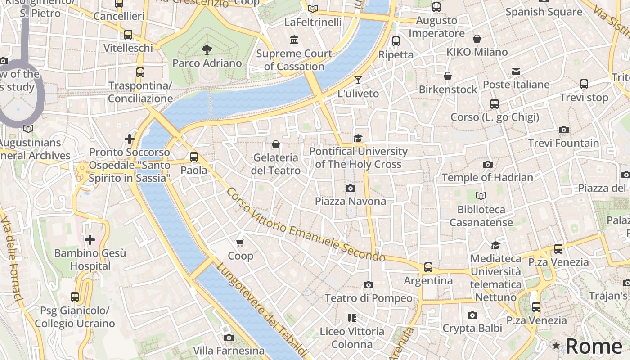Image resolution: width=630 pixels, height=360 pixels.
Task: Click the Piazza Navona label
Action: pos(350,201)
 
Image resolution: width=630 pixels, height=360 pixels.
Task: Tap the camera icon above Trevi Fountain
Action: pos(563,130)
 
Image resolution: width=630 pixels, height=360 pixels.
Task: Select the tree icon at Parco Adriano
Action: pos(207,49)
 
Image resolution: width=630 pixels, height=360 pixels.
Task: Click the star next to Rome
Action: pos(556,346)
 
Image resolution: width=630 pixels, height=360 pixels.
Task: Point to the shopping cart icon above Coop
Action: pos(240,243)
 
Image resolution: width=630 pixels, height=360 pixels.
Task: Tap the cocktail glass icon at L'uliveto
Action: pos(358,80)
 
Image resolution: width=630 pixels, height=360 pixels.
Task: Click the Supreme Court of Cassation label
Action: pos(294,60)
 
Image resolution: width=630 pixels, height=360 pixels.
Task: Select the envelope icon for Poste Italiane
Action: pos(516,72)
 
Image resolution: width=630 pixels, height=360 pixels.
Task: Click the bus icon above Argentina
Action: pos(428,267)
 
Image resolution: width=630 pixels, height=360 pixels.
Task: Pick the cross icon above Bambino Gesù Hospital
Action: pos(90,239)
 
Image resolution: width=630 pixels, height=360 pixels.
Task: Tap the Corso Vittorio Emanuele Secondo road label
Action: pos(306,225)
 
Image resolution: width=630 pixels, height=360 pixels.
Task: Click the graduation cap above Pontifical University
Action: pos(358,138)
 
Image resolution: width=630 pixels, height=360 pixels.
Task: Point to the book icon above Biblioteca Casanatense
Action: pos(481,196)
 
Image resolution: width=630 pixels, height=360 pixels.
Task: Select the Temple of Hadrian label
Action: pos(487,177)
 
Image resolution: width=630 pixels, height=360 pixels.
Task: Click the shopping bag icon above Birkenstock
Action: pos(447,76)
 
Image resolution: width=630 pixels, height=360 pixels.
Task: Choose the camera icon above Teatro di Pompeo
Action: pos(368,285)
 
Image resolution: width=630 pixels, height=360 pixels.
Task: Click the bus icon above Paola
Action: pos(194,157)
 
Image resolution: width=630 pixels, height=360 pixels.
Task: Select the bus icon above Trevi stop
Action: pos(584,84)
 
